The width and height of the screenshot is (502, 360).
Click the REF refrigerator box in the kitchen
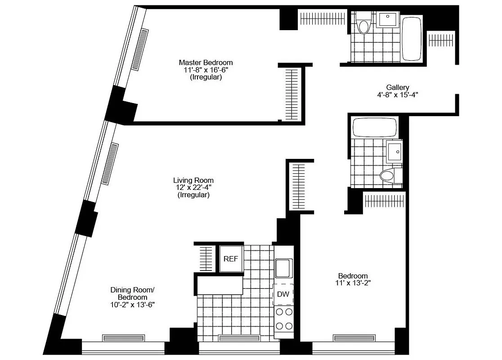pos(231,259)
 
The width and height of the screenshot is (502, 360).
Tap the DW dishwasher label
pos(282,294)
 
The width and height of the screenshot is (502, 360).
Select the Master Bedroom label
pos(206,63)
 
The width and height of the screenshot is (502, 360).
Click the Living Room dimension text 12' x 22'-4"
pos(193,188)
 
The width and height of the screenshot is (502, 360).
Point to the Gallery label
pos(398,87)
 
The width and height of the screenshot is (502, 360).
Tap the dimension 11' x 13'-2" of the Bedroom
pos(353,283)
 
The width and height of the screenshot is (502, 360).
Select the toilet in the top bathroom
pos(363,25)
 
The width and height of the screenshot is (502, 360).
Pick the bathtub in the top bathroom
pos(411,38)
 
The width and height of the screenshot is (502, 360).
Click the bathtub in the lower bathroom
pos(375,128)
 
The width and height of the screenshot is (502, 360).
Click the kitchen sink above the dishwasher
pos(284,269)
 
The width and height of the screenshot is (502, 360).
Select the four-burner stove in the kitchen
pos(283,319)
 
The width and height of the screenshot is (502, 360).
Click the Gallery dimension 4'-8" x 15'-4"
pos(398,95)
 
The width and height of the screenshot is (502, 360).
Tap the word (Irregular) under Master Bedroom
pos(206,77)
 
